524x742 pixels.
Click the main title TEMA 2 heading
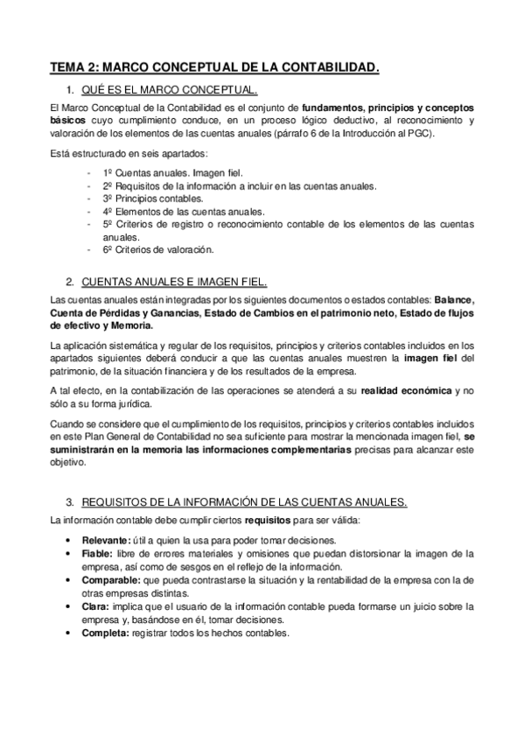[x=215, y=66]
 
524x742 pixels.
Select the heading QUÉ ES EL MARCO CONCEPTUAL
[x=170, y=90]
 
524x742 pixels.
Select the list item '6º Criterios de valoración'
[x=158, y=249]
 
